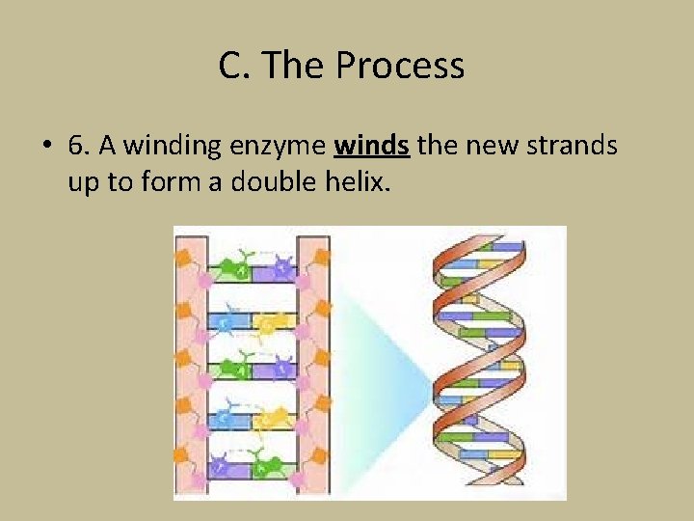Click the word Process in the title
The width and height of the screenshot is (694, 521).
pyautogui.click(x=400, y=66)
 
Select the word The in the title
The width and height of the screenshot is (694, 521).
pyautogui.click(x=295, y=66)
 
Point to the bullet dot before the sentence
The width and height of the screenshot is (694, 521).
pyautogui.click(x=45, y=147)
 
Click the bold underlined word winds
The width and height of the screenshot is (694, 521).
pyautogui.click(x=372, y=147)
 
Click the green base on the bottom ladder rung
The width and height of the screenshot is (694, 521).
pyautogui.click(x=272, y=468)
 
